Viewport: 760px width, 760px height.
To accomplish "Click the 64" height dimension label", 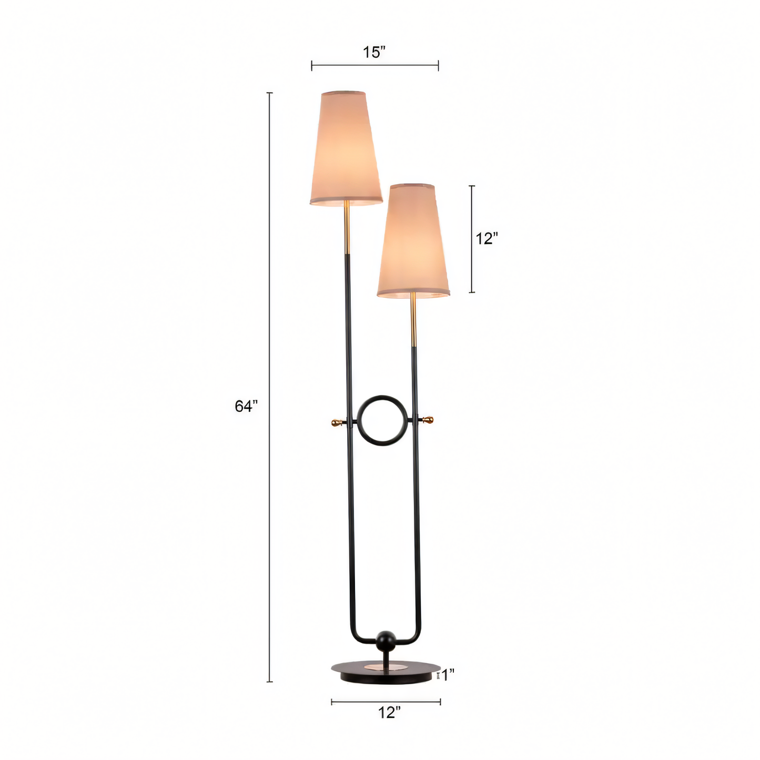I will [x=246, y=406].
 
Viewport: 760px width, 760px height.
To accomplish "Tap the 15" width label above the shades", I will [x=374, y=52].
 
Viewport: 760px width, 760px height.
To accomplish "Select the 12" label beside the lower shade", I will [x=487, y=238].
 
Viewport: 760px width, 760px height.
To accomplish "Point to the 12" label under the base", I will [x=389, y=713].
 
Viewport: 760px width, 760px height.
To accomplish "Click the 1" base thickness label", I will [x=448, y=675].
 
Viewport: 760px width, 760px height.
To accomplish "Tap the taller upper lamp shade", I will [x=345, y=150].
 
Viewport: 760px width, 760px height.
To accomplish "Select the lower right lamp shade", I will [x=413, y=242].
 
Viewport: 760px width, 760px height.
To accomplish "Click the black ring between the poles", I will [x=382, y=400].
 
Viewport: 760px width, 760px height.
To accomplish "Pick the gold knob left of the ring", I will [x=336, y=422].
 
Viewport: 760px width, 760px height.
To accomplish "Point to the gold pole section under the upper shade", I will [x=347, y=229].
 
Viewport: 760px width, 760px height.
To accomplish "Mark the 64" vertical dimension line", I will [x=270, y=473].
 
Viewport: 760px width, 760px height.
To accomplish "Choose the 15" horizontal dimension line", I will [x=374, y=66].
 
